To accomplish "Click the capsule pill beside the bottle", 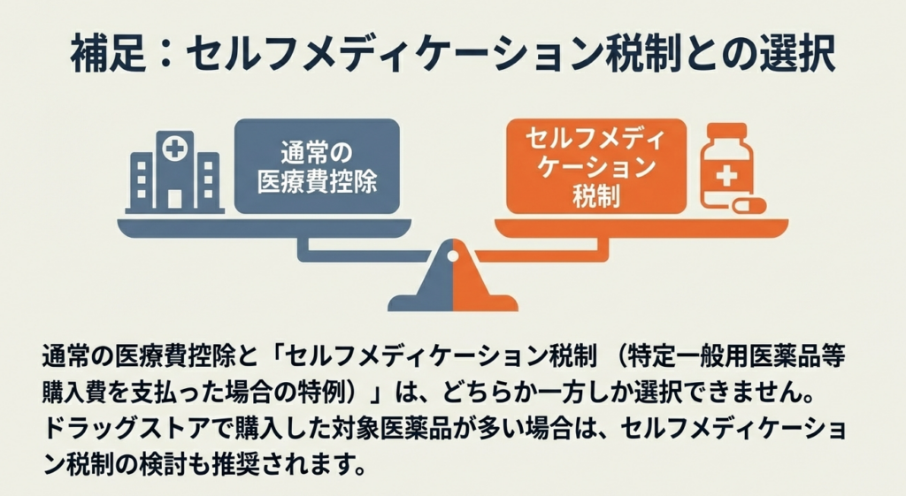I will tap(750, 206).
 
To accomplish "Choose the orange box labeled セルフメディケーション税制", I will tap(589, 167).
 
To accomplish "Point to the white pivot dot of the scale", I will tap(452, 257).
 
